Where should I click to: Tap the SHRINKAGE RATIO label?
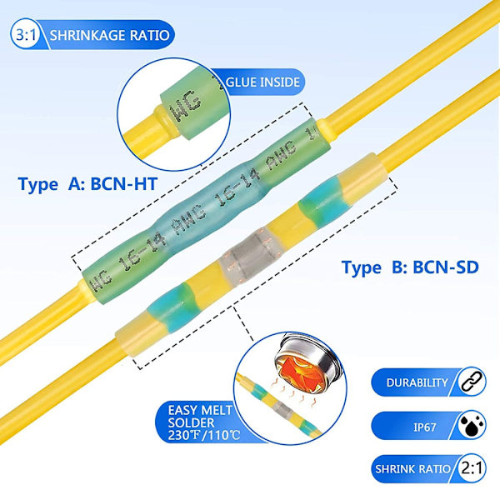[x=110, y=36]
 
